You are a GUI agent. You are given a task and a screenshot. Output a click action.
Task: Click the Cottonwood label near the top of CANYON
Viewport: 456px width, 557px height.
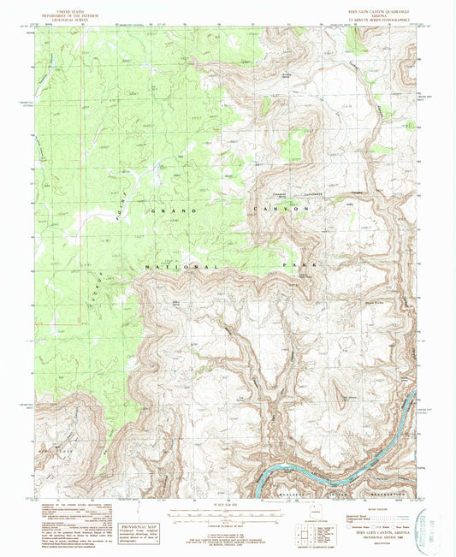(x=293, y=193)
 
